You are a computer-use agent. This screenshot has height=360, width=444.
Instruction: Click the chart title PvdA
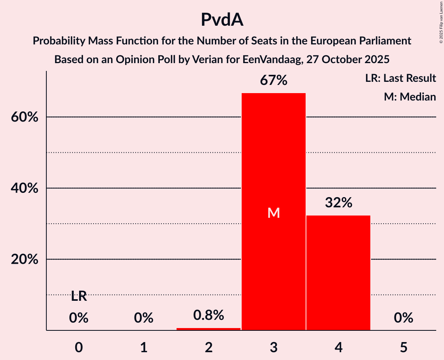tap(222, 20)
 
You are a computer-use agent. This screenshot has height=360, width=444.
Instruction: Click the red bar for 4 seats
tap(338, 273)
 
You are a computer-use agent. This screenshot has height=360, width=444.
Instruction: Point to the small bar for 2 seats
tap(209, 329)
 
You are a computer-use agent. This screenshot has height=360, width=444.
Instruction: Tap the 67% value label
tap(274, 81)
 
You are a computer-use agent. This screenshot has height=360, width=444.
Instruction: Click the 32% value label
tap(338, 203)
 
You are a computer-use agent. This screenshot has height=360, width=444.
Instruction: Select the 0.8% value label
tap(209, 315)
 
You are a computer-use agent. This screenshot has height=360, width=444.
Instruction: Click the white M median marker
tap(274, 213)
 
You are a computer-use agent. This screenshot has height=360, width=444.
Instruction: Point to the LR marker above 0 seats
tap(79, 296)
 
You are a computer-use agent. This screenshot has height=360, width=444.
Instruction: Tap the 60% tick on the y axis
tap(24, 117)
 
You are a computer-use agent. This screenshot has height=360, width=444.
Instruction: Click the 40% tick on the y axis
tap(24, 188)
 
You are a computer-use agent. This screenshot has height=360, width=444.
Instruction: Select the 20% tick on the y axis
tap(24, 259)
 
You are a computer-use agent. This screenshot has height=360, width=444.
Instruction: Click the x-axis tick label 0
tap(79, 347)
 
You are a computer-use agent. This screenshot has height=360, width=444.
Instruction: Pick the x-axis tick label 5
tap(403, 347)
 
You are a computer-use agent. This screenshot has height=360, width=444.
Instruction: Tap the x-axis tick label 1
tap(144, 347)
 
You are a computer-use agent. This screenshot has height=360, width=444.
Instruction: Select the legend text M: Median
tap(410, 97)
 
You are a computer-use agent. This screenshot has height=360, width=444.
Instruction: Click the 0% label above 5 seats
tap(403, 318)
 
